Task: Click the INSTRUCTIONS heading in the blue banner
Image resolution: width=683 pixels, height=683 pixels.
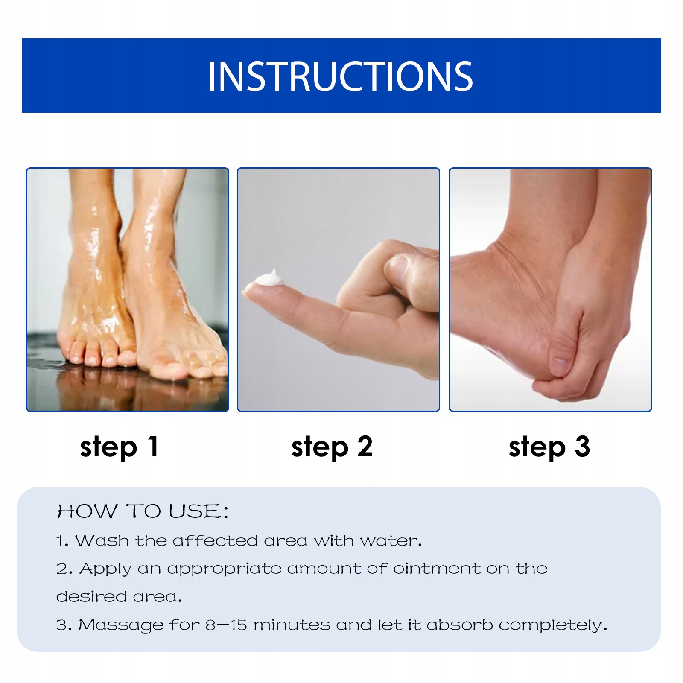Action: coord(340,76)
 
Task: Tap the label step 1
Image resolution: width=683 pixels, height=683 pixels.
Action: coord(120,447)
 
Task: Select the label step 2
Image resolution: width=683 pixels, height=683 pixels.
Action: coord(332,447)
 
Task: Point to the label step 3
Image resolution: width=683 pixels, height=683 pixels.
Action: coord(549,447)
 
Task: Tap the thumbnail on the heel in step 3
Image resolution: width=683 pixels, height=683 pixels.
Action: coord(559,365)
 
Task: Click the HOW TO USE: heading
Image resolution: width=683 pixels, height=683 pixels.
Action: coord(143,511)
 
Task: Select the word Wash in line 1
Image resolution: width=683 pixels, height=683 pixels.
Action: coord(102,541)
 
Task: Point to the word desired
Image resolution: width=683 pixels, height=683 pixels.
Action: coord(91,596)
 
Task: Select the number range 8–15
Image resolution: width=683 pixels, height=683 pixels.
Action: coord(226,625)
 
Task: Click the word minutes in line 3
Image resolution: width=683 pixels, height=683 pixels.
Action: coord(292,625)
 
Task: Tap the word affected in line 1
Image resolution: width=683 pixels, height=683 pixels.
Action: coord(215,541)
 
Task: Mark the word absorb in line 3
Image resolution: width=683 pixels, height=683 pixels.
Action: coord(460,625)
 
